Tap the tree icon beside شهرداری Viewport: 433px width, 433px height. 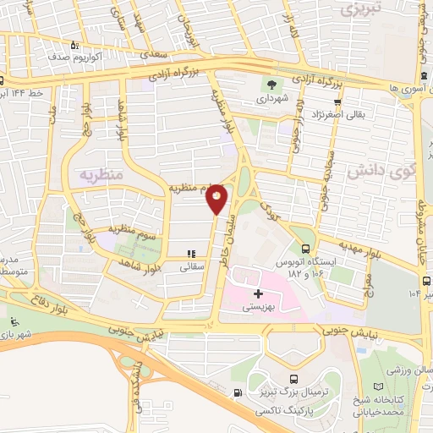tap(271, 85)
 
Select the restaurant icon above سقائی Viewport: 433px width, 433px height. tap(191, 253)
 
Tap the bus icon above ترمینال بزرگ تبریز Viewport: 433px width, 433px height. tap(293, 380)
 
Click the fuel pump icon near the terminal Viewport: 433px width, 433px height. tap(237, 392)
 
